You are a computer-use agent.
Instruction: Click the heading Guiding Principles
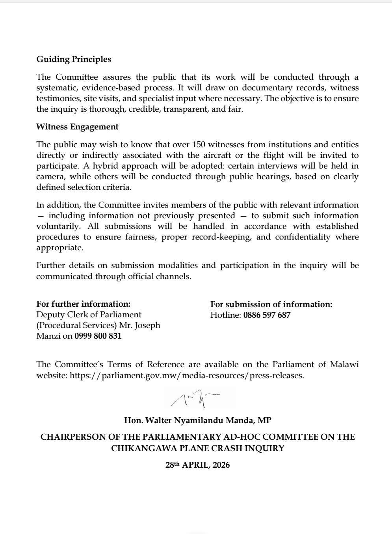[74, 59]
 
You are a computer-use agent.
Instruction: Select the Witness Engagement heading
[77, 127]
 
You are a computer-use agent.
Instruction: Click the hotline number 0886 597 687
[267, 315]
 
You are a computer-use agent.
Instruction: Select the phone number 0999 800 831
[98, 336]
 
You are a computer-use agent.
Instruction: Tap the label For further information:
[83, 304]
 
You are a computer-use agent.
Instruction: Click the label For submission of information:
[271, 304]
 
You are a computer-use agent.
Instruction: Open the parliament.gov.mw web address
[186, 375]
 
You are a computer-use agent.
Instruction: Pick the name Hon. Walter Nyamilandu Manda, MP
[197, 420]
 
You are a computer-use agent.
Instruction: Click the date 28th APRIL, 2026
[197, 465]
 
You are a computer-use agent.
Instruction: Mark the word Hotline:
[225, 315]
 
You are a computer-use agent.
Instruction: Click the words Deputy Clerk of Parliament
[89, 315]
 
